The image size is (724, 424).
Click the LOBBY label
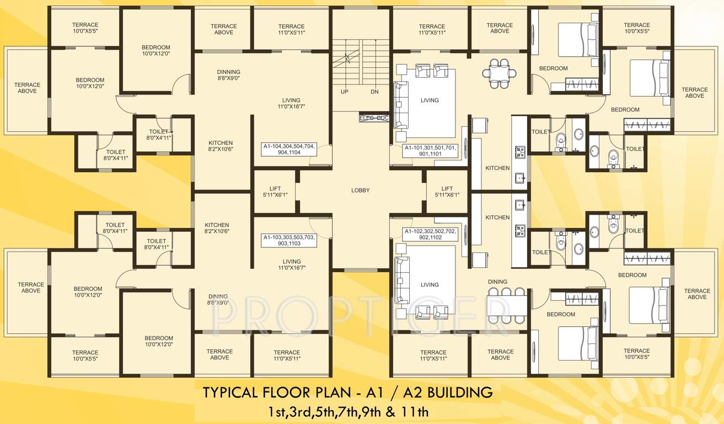coord(360,190)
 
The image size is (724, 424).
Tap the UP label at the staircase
coord(344,92)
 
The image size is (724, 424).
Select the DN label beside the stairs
coord(374,92)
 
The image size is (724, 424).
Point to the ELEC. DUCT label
coord(374,118)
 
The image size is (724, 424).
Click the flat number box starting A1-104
coord(289,149)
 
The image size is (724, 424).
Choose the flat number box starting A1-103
coord(289,240)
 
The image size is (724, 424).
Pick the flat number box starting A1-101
coord(431,151)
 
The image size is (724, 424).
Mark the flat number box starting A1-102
coord(431,234)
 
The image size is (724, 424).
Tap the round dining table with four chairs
coord(500,73)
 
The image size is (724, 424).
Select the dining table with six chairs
coord(507,304)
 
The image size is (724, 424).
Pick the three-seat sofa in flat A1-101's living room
coord(400,105)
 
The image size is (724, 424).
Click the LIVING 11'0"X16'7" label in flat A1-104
coord(291,103)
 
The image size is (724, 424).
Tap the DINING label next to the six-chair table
coord(497,282)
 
